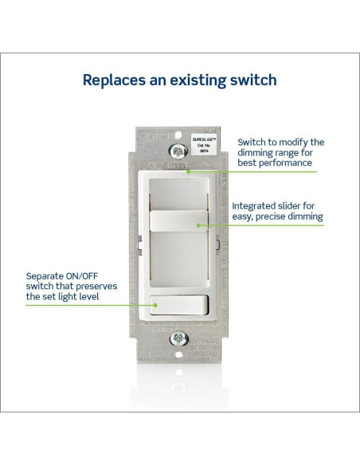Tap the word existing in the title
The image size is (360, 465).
pyautogui.click(x=197, y=80)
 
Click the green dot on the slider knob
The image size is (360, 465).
pyautogui.click(x=197, y=225)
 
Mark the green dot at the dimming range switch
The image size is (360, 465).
pyautogui.click(x=188, y=170)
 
